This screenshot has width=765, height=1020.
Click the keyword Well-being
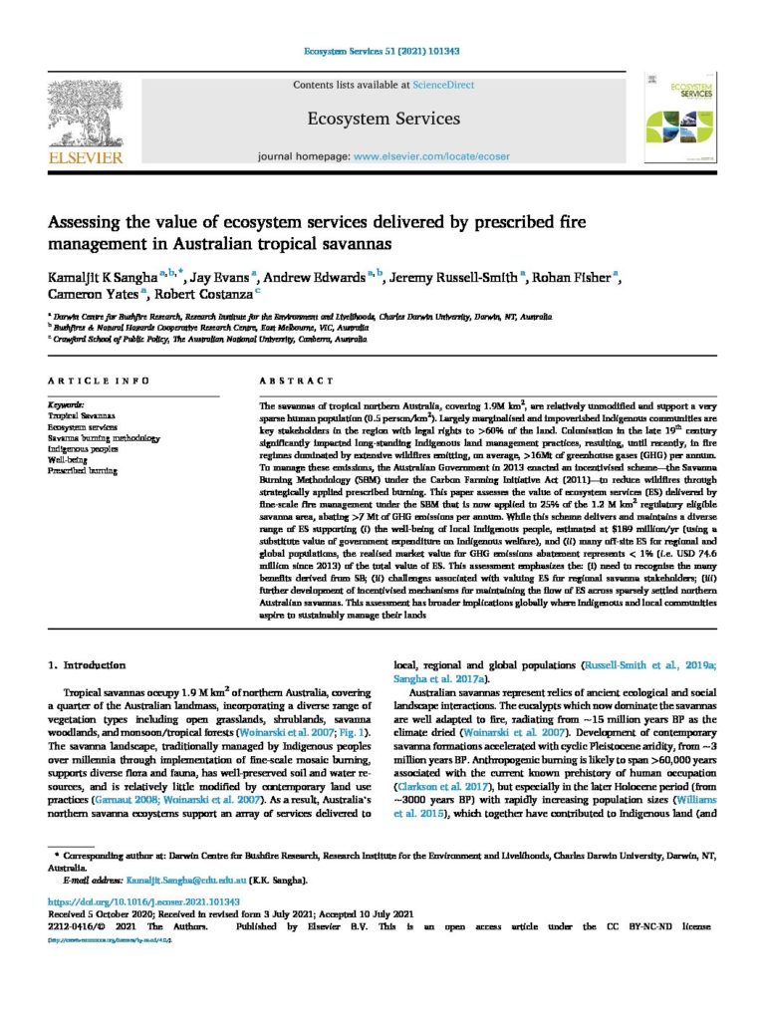click(71, 459)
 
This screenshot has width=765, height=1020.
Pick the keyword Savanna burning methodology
click(104, 437)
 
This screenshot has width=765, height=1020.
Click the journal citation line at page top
click(382, 51)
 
